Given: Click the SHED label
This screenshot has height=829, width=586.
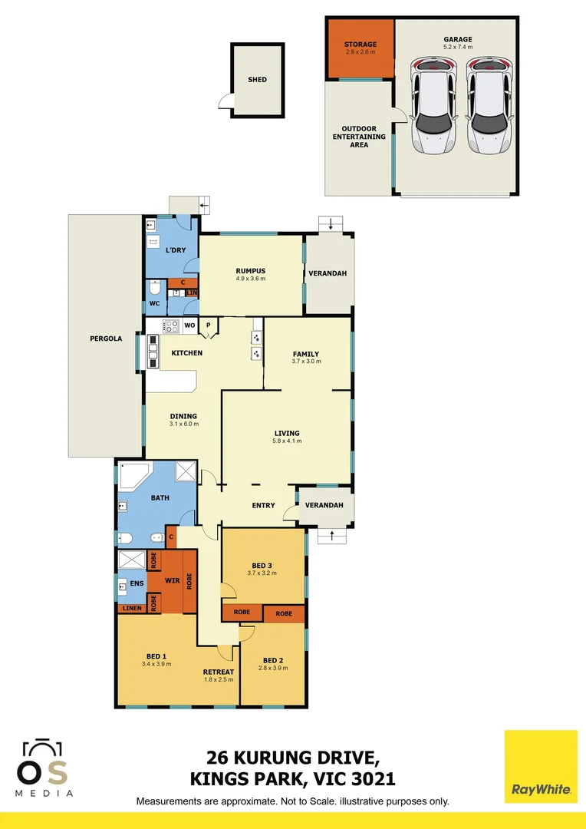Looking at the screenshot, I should click(257, 80).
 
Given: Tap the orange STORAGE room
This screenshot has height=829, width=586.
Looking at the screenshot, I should click(360, 48).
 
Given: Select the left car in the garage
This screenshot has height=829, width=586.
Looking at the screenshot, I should click(434, 105).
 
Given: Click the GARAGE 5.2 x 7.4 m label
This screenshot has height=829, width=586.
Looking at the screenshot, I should click(457, 43).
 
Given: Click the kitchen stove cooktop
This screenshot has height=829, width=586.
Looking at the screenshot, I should click(171, 325).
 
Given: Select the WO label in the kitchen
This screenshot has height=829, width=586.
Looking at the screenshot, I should click(189, 325).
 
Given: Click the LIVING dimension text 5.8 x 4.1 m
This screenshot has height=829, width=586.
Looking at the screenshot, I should click(287, 441).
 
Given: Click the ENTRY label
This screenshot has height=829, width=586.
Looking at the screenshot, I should click(263, 505).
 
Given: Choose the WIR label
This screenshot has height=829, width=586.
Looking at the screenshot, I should click(172, 580).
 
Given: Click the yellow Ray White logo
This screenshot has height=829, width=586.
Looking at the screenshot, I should click(541, 767).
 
